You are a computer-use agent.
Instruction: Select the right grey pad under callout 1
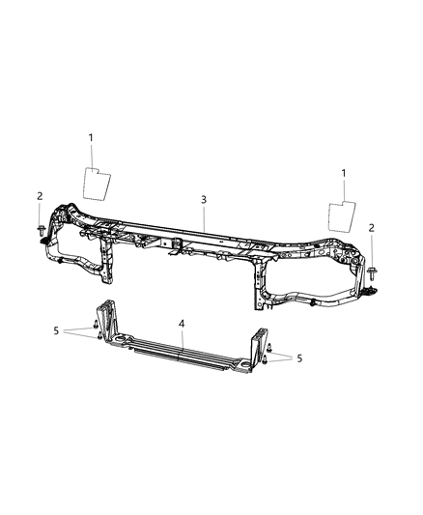(x=344, y=216)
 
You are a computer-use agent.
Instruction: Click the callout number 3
(x=204, y=200)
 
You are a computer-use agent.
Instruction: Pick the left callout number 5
(x=58, y=330)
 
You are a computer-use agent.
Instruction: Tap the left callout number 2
(x=40, y=196)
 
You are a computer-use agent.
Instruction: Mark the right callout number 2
(x=372, y=228)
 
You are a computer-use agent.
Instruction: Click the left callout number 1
(x=91, y=138)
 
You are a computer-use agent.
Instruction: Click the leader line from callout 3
(x=204, y=215)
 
